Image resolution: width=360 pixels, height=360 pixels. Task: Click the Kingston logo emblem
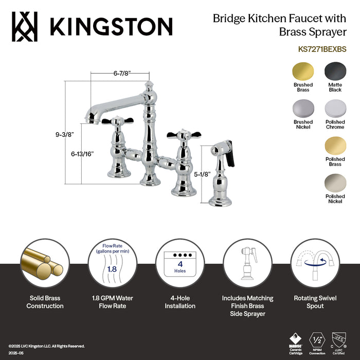click(x=25, y=26)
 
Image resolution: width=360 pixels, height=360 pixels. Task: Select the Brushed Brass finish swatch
click(x=303, y=71)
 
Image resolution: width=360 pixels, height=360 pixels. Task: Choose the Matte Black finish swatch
click(x=335, y=71)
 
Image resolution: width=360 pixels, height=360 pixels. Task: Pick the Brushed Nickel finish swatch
click(x=303, y=109)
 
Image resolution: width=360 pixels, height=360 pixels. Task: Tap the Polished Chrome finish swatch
click(x=335, y=109)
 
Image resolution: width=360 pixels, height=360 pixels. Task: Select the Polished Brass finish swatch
click(x=335, y=146)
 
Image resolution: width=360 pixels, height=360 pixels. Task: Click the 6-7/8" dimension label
click(x=123, y=74)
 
